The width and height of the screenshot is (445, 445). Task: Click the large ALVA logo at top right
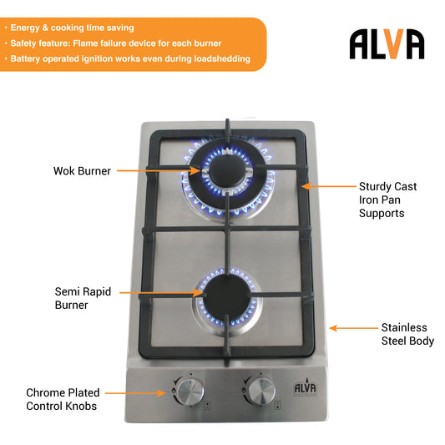click(x=387, y=44)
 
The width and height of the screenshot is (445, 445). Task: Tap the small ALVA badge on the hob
click(x=305, y=387)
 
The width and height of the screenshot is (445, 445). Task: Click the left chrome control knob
click(x=190, y=392)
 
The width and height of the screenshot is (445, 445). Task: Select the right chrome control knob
click(x=261, y=391)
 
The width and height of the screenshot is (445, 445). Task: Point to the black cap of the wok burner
click(x=227, y=171)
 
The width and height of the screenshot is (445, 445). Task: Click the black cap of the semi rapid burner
click(x=227, y=296)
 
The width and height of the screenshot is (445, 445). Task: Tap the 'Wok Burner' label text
click(x=82, y=171)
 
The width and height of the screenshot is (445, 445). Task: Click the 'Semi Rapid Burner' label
click(x=83, y=298)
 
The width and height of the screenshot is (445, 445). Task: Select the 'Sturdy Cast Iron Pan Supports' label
click(x=387, y=200)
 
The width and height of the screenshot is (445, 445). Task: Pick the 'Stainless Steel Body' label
click(x=407, y=334)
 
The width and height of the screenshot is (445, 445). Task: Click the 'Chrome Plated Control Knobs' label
click(x=63, y=399)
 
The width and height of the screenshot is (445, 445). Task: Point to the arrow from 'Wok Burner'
click(x=159, y=170)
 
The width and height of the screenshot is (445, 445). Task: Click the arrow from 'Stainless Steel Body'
click(x=354, y=328)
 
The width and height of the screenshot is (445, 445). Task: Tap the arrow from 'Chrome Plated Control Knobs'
click(x=135, y=393)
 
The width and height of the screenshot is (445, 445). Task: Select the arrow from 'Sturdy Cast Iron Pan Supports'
click(x=329, y=186)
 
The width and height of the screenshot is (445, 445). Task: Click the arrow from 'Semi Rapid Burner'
click(x=161, y=292)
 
